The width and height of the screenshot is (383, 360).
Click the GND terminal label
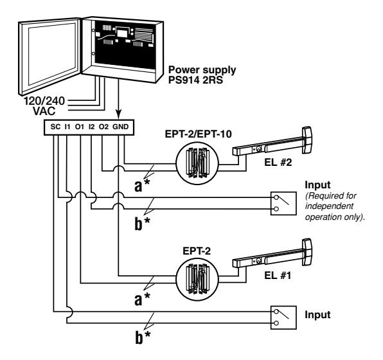click(x=122, y=127)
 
